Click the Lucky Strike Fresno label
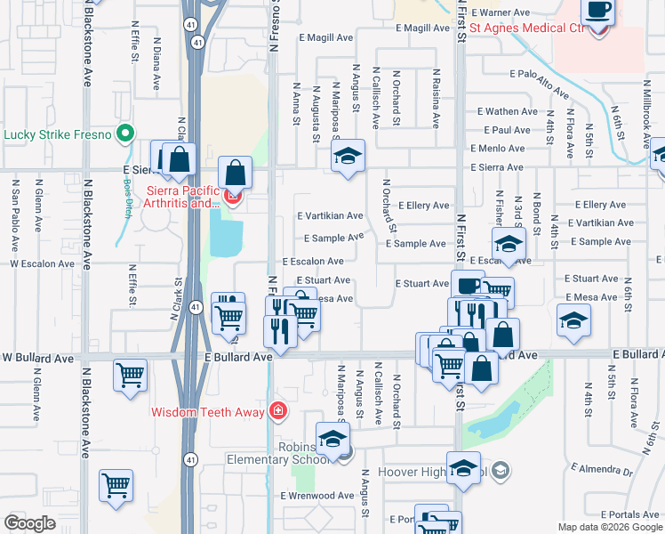coord(58,135)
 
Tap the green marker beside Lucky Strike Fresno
coord(125,135)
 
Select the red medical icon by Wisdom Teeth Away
coord(279,411)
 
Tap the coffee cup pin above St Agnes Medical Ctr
coord(597,12)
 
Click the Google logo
coord(29,523)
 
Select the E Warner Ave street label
coord(501,13)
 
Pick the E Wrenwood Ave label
coord(317,496)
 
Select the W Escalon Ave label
coord(42,264)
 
